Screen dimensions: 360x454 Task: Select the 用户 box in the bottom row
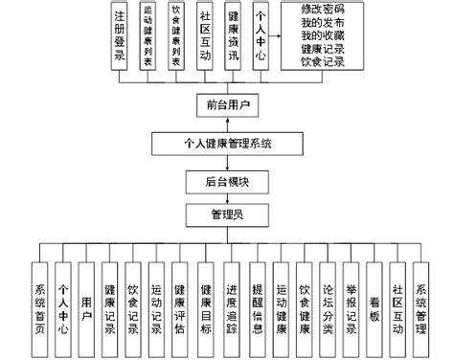point(86,301)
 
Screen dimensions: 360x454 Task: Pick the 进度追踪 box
point(231,301)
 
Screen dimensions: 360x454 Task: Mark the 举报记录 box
point(351,301)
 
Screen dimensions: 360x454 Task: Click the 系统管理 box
point(422,301)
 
